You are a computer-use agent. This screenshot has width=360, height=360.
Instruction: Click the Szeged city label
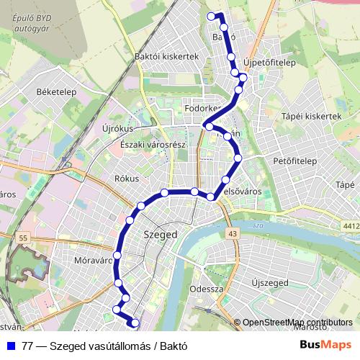click(161, 235)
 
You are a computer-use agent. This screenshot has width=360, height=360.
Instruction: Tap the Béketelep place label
click(37, 92)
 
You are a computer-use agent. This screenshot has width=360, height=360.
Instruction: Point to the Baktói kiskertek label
click(166, 55)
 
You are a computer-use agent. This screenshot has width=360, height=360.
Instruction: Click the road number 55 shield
click(24, 238)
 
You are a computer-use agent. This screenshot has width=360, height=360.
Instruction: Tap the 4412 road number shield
click(351, 226)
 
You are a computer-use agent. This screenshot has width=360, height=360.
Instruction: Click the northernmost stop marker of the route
click(211, 16)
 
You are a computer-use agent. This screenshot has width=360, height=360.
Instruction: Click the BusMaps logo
click(325, 345)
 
